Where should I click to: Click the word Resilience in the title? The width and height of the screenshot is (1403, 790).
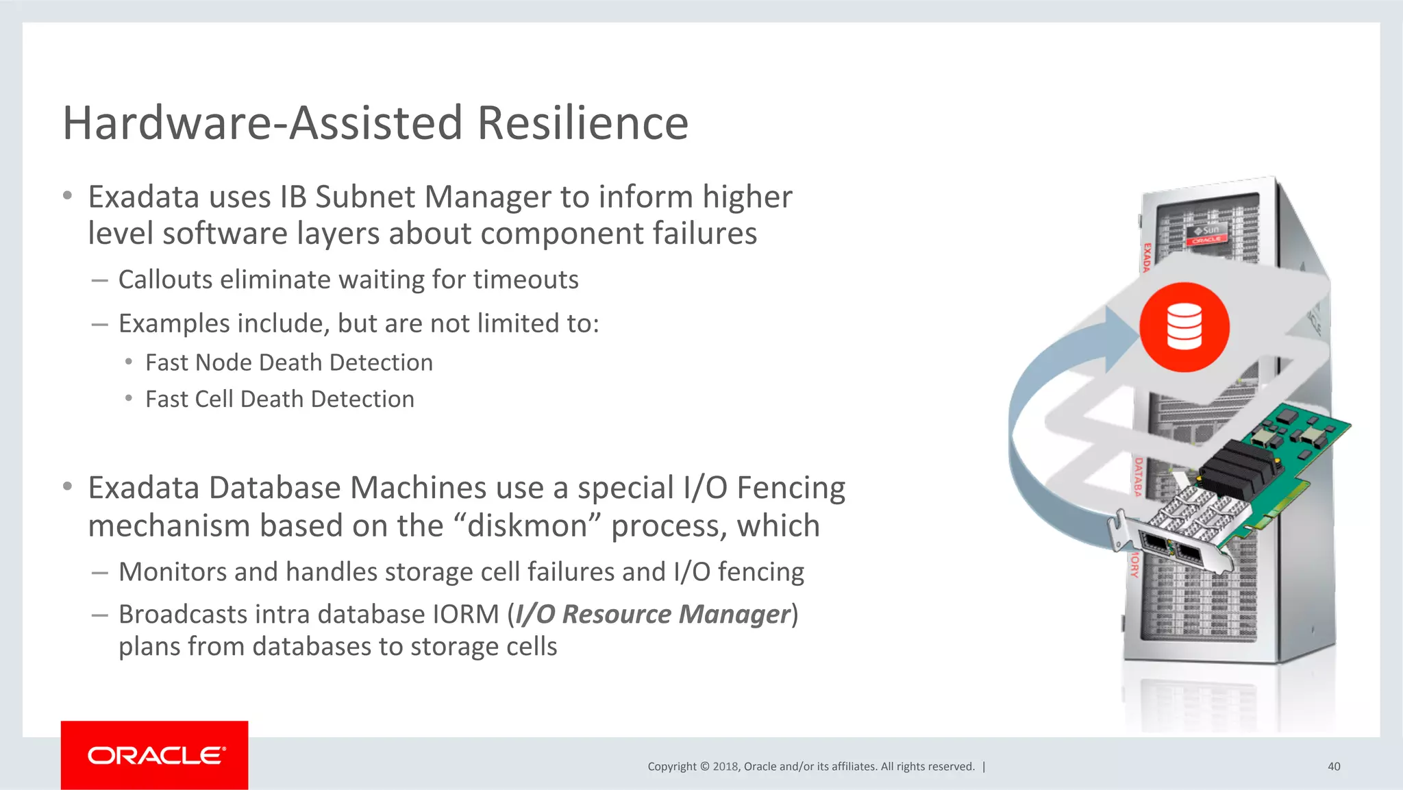tap(582, 123)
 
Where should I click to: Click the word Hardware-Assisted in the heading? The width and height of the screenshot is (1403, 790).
tap(262, 123)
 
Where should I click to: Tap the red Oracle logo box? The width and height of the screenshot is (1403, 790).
tap(154, 755)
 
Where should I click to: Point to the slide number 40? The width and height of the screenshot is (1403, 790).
tap(1333, 767)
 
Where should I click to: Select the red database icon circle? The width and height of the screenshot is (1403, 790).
tap(1184, 327)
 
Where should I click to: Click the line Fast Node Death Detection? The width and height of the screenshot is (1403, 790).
tap(288, 362)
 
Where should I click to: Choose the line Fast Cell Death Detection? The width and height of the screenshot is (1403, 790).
tap(280, 399)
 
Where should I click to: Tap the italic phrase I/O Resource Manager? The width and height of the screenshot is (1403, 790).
tap(652, 615)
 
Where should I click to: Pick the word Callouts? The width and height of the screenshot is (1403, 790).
tap(165, 280)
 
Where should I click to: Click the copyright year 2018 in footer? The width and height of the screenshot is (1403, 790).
tap(725, 767)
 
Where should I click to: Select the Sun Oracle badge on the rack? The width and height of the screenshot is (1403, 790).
tap(1206, 234)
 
